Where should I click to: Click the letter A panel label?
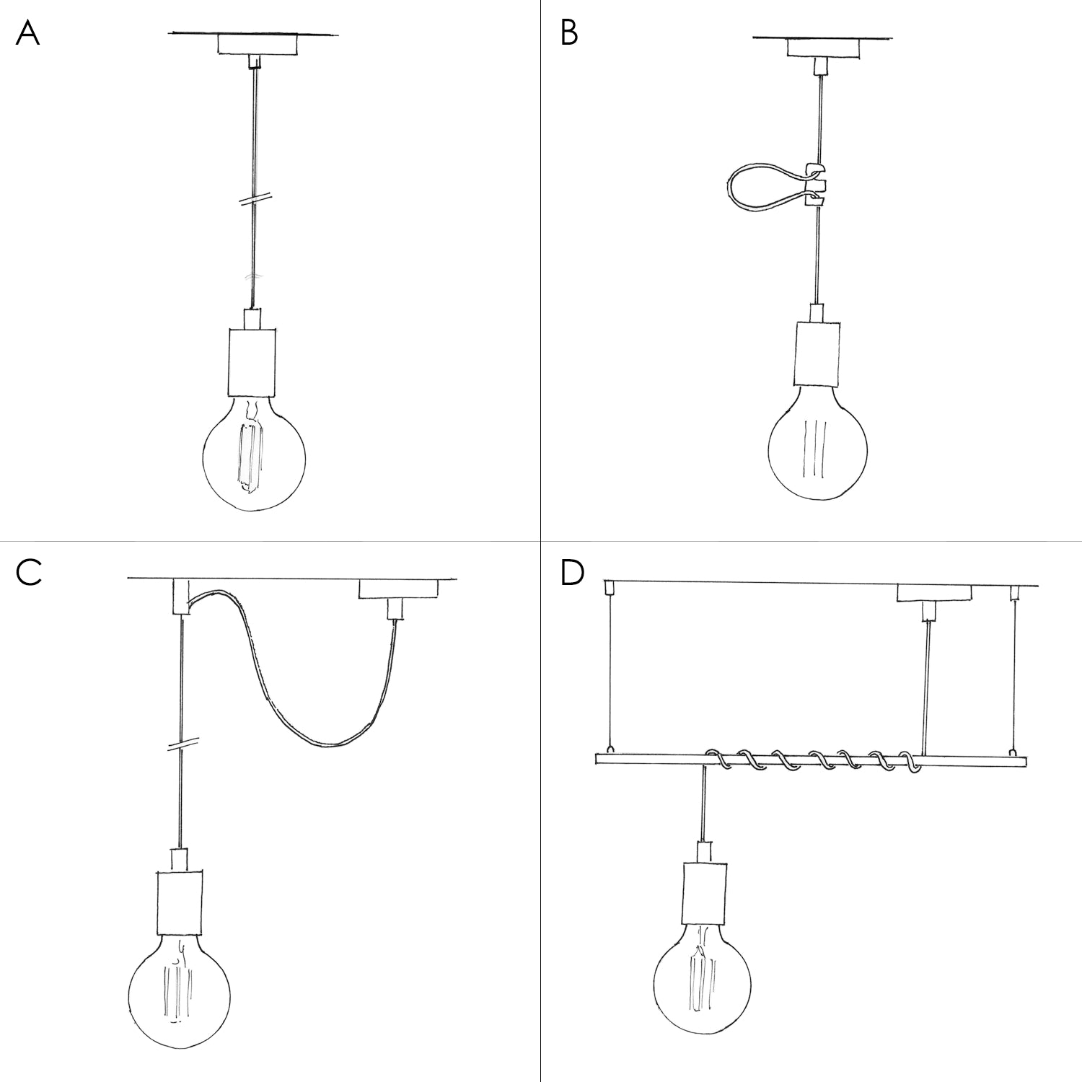coord(27,33)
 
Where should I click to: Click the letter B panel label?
coord(569,33)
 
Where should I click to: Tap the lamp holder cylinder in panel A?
coord(252,362)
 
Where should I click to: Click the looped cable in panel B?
coord(750,189)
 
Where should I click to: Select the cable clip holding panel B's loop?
coord(814,187)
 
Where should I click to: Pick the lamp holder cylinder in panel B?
coord(818,353)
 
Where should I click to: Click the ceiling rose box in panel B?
coord(824,48)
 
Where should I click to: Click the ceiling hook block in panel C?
coord(180,596)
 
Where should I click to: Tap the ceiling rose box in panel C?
coord(398,589)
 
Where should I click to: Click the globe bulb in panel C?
coord(180,988)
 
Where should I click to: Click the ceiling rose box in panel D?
coord(933,593)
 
